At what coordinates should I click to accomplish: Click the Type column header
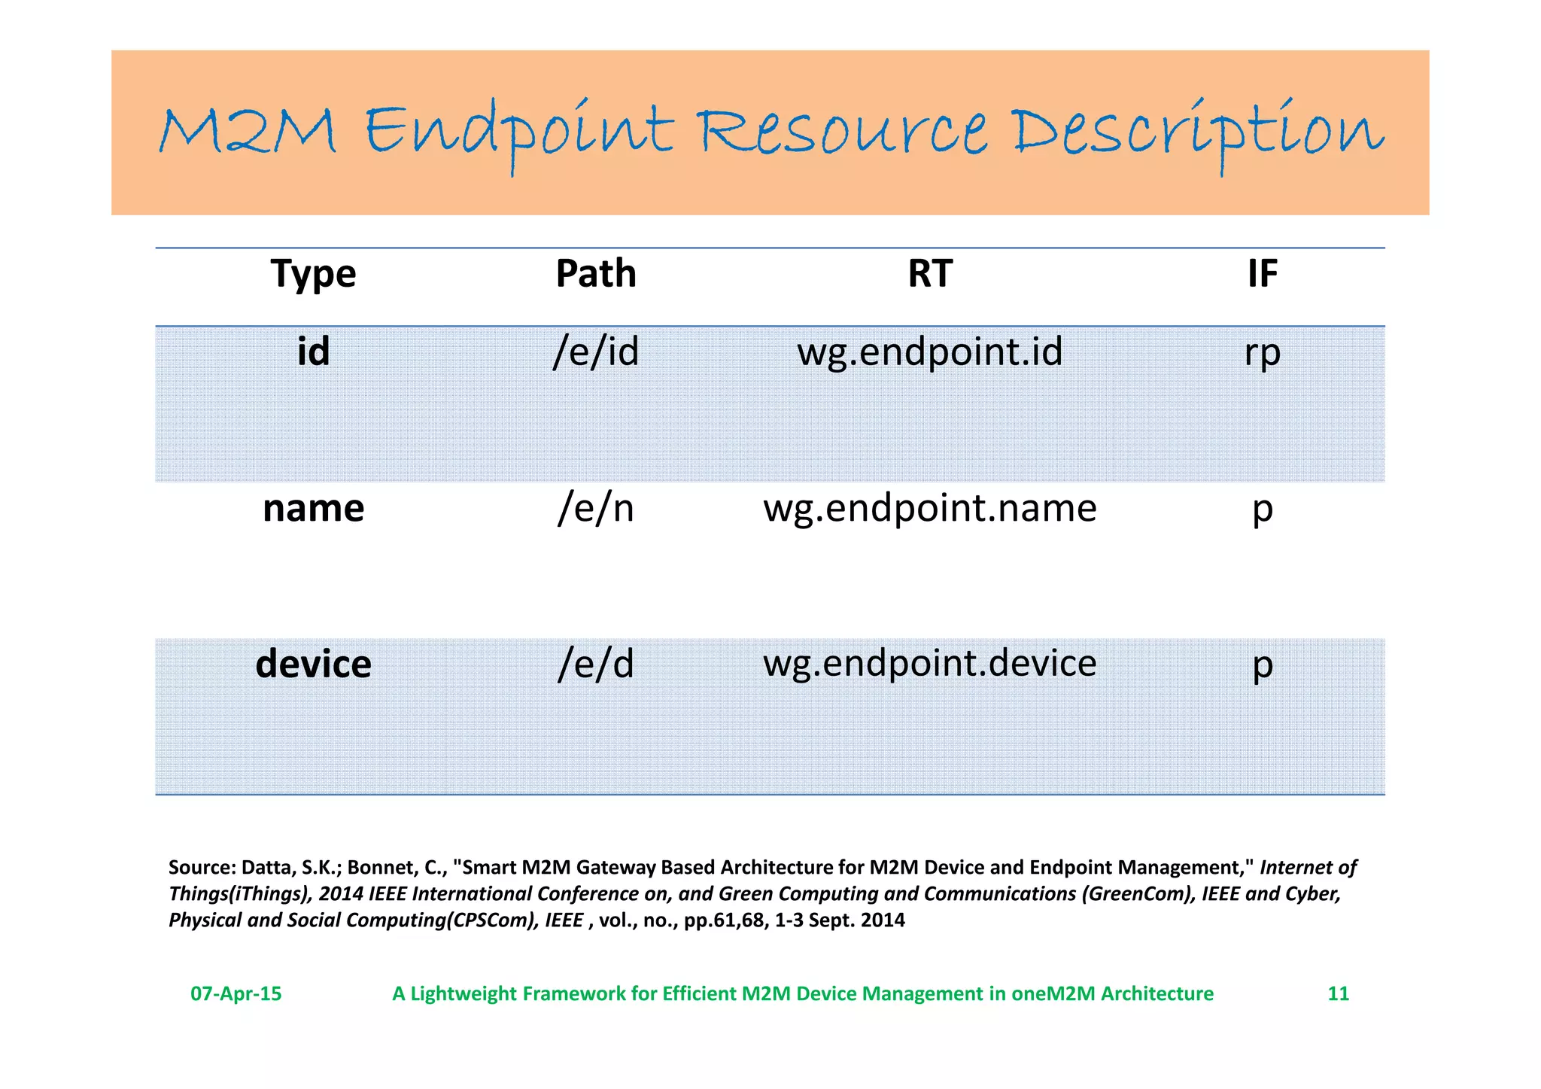click(313, 274)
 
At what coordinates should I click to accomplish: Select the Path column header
click(595, 273)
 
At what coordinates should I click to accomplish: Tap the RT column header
click(930, 273)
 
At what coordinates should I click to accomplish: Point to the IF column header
click(1262, 273)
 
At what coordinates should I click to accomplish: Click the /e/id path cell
click(595, 351)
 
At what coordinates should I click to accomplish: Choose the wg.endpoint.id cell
click(930, 352)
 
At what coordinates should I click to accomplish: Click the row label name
click(313, 508)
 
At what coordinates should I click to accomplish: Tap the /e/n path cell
click(595, 508)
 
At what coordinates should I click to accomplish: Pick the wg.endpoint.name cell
click(930, 509)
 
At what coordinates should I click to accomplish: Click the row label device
click(313, 665)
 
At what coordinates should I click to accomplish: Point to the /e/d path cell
click(595, 665)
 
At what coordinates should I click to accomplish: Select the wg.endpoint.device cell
click(930, 664)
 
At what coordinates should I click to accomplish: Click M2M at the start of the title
click(247, 132)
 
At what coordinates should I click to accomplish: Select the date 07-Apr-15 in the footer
click(236, 993)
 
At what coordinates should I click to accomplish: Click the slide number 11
click(1338, 993)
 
